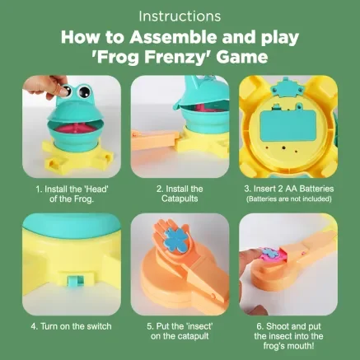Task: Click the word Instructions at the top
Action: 180,16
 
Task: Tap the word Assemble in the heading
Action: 174,37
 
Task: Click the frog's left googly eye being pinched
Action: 65,91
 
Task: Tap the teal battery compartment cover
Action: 287,125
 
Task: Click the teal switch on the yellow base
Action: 72,282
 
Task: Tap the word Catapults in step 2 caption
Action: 180,199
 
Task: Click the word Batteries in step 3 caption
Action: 316,189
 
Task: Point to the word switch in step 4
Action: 99,326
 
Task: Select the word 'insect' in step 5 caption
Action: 199,326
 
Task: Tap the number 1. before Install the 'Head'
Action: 39,189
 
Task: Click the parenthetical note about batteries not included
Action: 289,199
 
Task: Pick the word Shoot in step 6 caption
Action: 278,326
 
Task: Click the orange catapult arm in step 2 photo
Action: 155,140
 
